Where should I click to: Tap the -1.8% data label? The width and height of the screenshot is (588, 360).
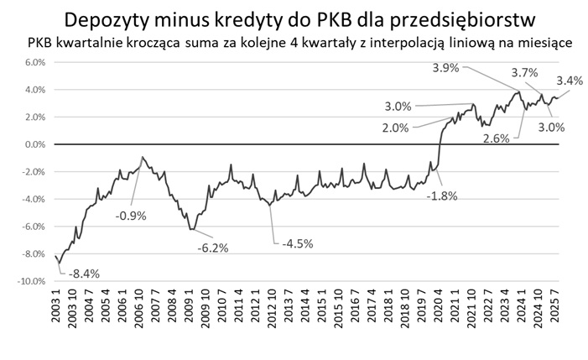pyautogui.click(x=441, y=196)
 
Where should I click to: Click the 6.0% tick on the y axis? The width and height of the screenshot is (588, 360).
pyautogui.click(x=32, y=62)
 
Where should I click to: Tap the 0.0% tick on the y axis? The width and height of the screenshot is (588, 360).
pyautogui.click(x=32, y=144)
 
